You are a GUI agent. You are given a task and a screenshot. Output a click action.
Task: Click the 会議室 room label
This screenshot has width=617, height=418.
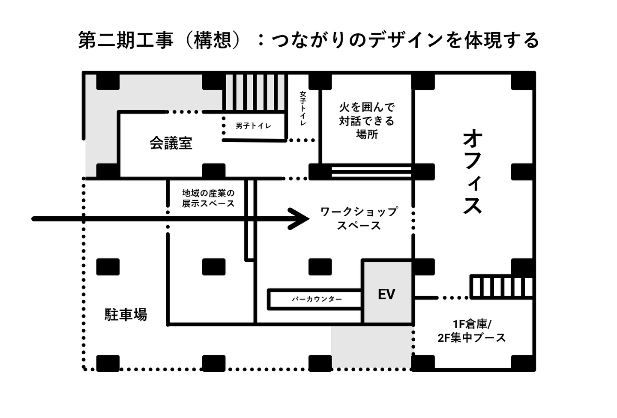171,143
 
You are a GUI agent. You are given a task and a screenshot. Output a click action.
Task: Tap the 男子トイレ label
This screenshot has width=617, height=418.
253,126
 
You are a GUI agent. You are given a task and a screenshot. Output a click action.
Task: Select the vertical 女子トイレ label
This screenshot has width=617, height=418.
303,108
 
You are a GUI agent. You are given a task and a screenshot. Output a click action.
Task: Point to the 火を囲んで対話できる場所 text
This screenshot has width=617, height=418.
367,121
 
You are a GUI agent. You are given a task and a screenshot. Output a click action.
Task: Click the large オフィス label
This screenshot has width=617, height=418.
472,172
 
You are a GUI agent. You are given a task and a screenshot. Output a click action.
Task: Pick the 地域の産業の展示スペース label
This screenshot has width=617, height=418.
208,198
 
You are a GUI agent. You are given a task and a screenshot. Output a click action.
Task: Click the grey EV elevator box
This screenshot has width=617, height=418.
387,292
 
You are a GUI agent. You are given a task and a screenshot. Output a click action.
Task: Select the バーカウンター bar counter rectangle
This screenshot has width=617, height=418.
314,299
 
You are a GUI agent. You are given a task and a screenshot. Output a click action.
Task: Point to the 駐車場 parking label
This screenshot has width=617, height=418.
126,314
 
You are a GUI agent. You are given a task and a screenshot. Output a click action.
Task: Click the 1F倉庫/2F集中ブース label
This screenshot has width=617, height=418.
472,331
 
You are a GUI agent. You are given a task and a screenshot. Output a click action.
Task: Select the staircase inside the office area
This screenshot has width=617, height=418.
501,287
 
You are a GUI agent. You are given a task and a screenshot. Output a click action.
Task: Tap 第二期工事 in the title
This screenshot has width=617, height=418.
126,41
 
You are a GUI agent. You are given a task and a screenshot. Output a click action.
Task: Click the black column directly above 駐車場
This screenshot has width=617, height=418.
108,267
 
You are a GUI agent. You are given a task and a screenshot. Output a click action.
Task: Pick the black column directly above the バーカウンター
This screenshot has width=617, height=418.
320,267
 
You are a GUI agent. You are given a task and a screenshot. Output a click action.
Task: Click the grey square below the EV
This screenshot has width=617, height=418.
372,347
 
